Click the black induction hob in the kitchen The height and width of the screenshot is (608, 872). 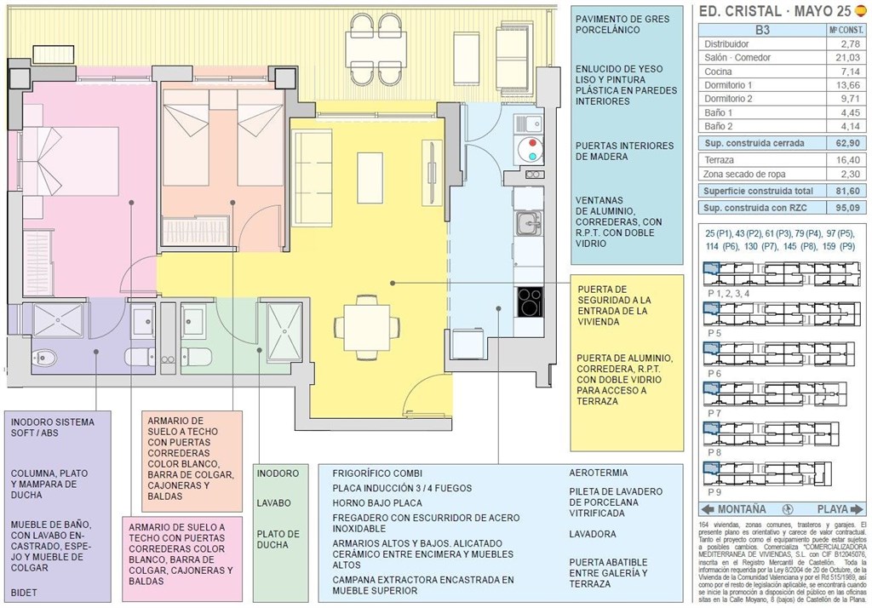coord(529,301)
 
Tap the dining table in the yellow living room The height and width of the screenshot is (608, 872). coord(368,322)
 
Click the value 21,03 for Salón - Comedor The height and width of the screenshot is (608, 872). coord(848,57)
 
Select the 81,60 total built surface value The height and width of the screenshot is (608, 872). coord(848,191)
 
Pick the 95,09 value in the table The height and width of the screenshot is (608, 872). coord(848,208)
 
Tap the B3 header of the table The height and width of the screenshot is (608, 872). coord(763,30)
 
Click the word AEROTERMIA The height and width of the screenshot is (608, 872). coord(599,473)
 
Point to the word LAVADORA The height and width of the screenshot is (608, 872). coord(593,534)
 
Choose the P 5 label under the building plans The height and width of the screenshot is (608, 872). coord(714,333)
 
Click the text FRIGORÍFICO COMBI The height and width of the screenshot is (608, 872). coord(377,473)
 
